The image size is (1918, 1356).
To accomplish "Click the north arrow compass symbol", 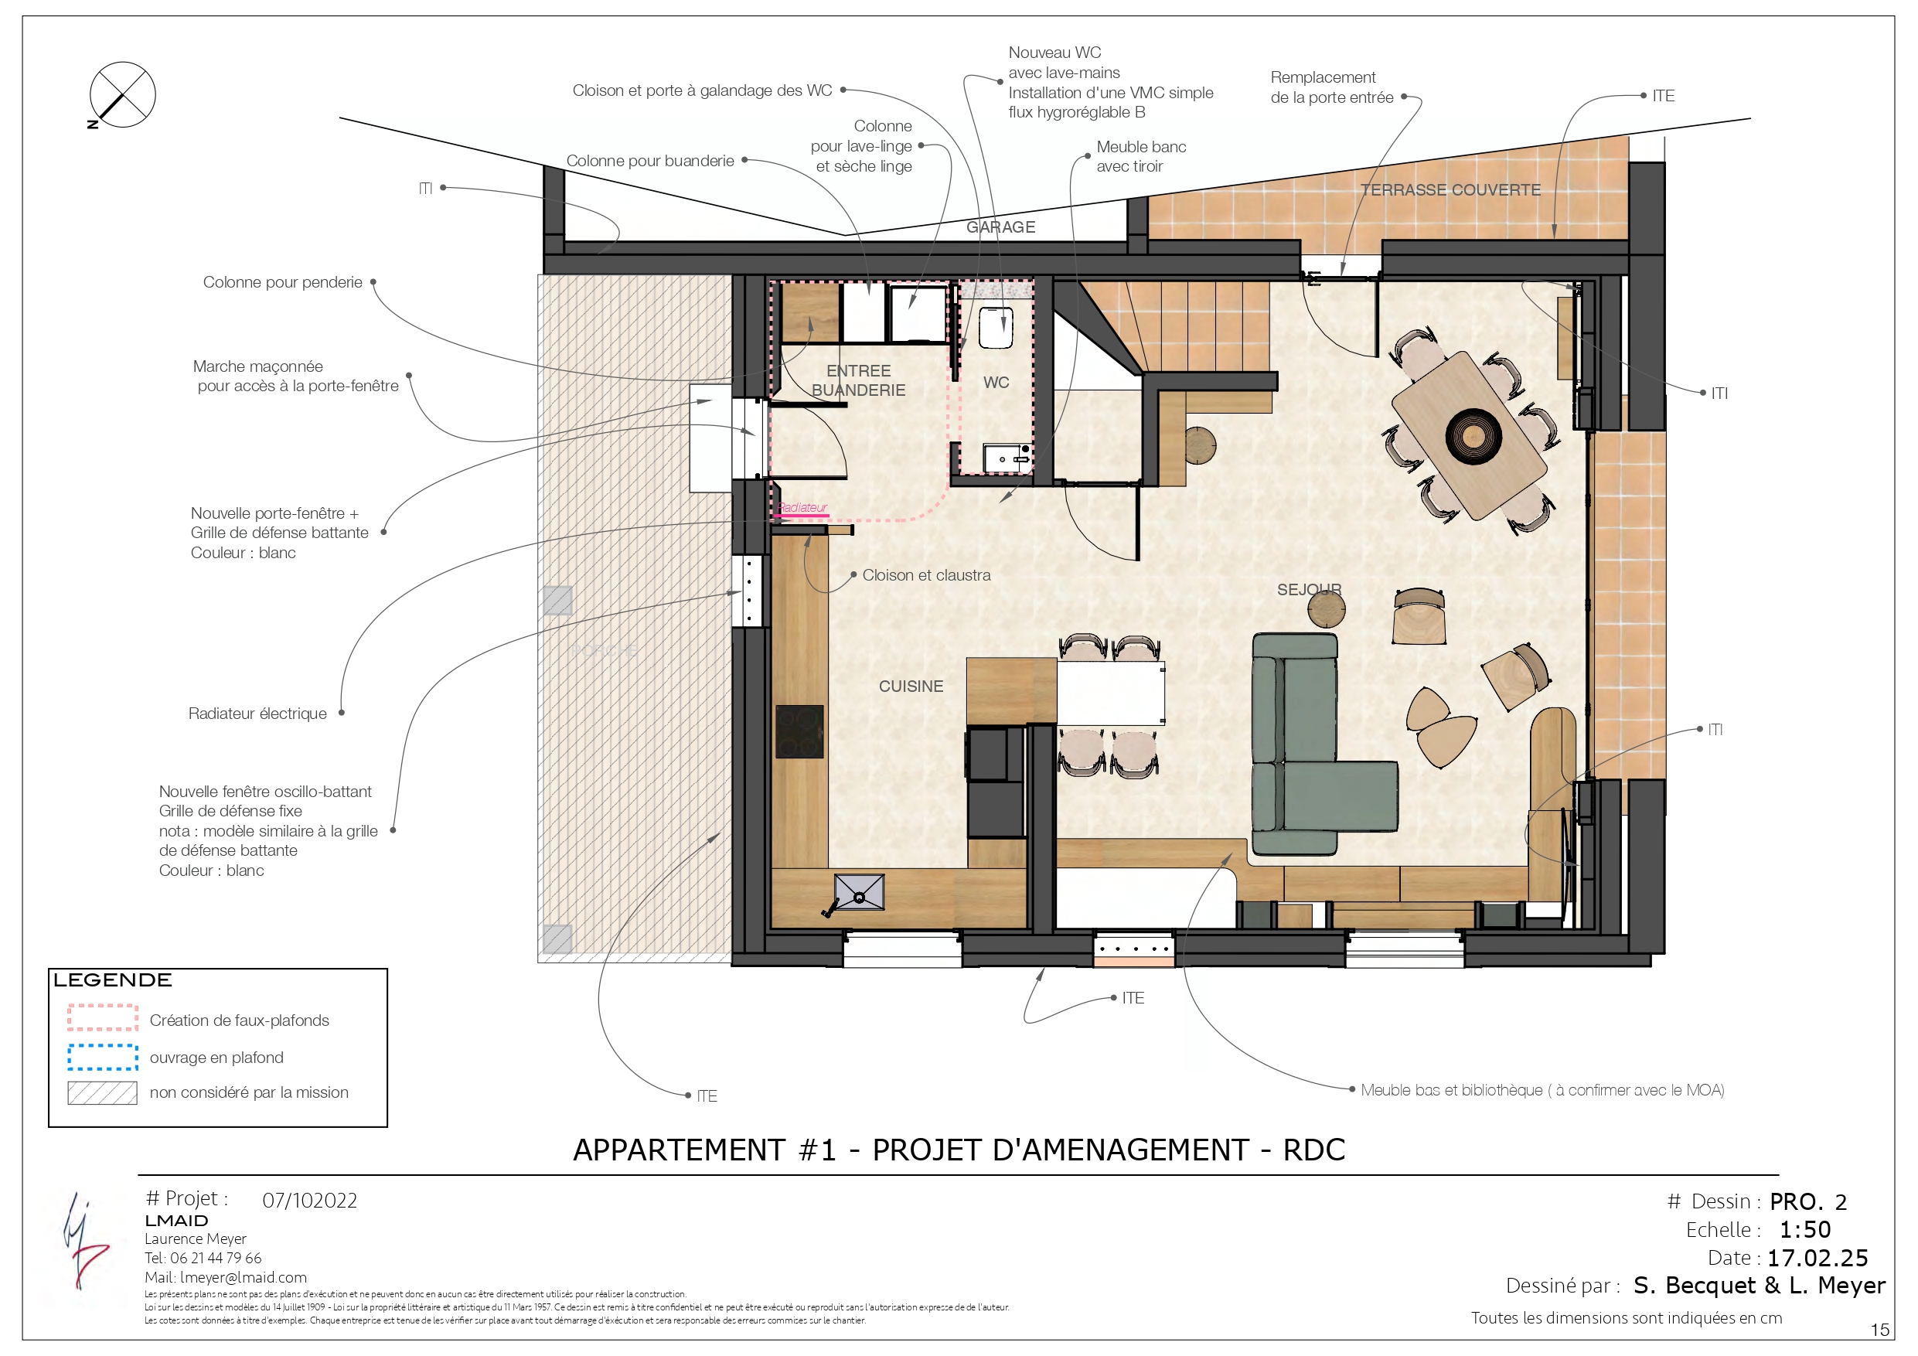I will point(122,94).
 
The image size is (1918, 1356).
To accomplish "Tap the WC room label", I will point(996,383).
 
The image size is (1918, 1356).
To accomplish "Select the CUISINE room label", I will point(911,686).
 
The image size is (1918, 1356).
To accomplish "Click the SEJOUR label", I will point(1308,589).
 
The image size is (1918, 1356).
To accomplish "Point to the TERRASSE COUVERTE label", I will point(1450,189).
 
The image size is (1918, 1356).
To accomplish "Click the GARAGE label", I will point(1000,227).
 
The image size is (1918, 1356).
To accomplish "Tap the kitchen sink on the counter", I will point(859,892).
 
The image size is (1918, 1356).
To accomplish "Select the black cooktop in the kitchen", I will point(799,731).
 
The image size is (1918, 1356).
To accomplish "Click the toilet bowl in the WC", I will point(996,328).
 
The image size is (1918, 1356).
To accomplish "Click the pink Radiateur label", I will point(802,507).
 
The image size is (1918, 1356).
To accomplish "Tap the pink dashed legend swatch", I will point(103,1017).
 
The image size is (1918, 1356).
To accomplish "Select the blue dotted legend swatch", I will point(103,1057).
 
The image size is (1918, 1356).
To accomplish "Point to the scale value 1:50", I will point(1804,1230).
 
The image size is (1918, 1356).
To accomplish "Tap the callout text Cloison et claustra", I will point(925,575).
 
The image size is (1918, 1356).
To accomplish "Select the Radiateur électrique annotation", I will point(257,714).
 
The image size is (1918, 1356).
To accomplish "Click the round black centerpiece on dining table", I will point(1473,434).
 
